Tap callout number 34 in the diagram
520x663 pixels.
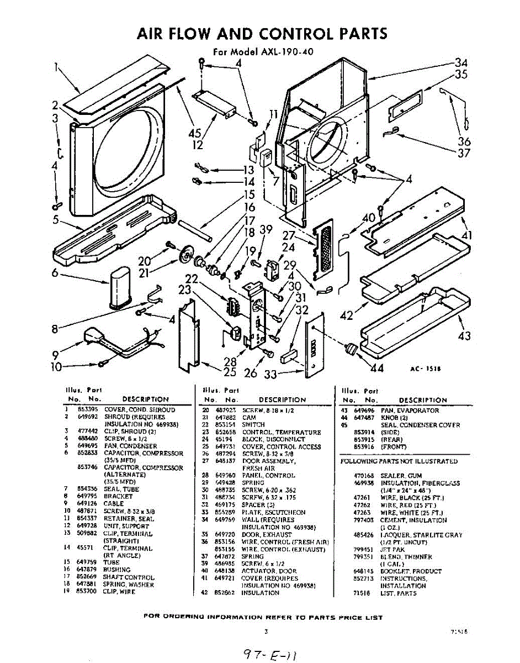coord(460,62)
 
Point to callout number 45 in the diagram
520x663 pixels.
coord(194,133)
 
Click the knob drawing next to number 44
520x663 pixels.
coord(350,348)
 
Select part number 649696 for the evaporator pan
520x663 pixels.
coord(363,411)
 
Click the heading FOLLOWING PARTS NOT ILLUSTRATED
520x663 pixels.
coord(399,461)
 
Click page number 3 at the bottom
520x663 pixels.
coord(266,631)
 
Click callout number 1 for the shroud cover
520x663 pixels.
coord(56,68)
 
